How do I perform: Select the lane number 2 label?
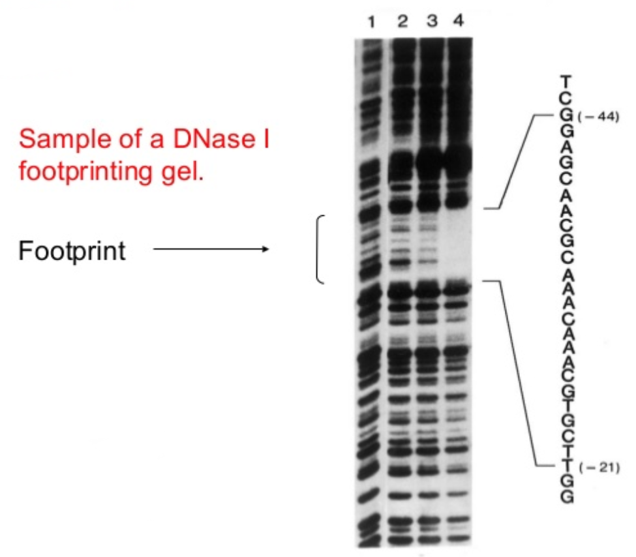pyautogui.click(x=402, y=21)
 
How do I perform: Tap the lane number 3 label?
pyautogui.click(x=432, y=21)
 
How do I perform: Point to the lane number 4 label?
pyautogui.click(x=459, y=20)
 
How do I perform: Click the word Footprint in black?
pyautogui.click(x=72, y=250)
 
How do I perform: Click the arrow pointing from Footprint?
pyautogui.click(x=211, y=248)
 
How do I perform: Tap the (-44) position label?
pyautogui.click(x=598, y=117)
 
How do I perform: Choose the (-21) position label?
pyautogui.click(x=599, y=468)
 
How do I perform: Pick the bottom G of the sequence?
pyautogui.click(x=567, y=496)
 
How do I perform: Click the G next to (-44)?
pyautogui.click(x=567, y=115)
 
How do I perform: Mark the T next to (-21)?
pyautogui.click(x=567, y=466)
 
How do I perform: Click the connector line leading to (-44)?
pyautogui.click(x=515, y=162)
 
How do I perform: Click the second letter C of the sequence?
pyautogui.click(x=567, y=177)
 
